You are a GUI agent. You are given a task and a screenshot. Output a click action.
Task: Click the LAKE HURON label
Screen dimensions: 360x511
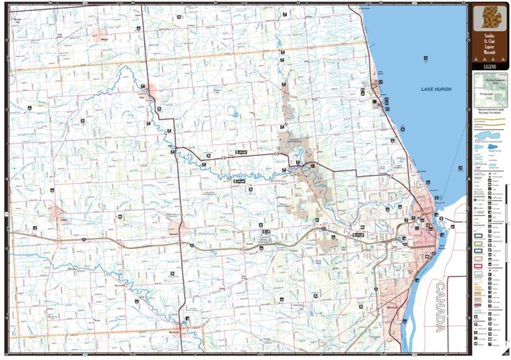[436, 89]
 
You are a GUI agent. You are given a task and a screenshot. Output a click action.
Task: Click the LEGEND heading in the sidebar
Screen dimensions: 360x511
[488, 66]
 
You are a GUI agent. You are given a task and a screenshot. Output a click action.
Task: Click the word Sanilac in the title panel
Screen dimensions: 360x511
[488, 34]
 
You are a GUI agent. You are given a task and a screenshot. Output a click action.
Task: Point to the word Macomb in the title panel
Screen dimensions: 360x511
[488, 51]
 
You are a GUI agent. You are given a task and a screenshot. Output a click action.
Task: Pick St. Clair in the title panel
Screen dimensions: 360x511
[488, 40]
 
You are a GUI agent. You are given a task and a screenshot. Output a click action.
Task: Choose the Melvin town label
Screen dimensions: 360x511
[106, 40]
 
